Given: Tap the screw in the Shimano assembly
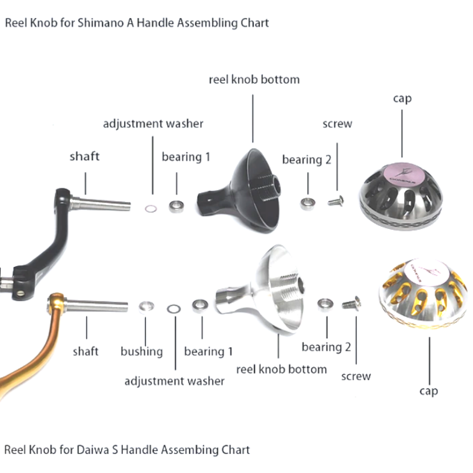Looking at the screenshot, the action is [336, 201].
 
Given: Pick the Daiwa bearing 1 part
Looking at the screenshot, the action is [200, 306].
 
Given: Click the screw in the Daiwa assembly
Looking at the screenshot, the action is [352, 304].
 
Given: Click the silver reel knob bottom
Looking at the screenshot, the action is [259, 289].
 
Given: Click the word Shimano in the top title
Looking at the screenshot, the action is [100, 23].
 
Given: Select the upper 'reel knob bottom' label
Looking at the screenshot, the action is [254, 79].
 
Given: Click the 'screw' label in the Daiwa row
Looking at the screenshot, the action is [356, 376].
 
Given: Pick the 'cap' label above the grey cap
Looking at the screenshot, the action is [403, 99].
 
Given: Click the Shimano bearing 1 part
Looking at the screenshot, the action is [176, 207].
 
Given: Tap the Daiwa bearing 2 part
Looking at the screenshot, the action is [325, 304].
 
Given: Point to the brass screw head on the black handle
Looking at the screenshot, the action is [20, 293].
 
